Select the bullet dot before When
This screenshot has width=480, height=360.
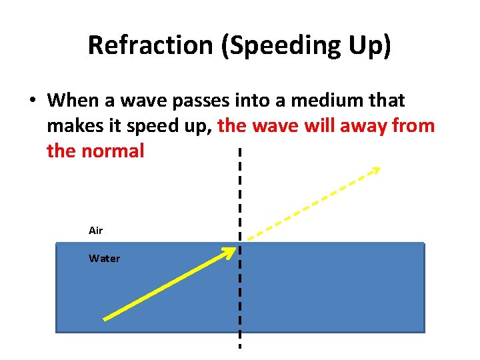(31, 101)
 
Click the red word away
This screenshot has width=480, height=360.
(361, 126)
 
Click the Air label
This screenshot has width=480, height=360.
(96, 231)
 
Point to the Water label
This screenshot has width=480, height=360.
(105, 259)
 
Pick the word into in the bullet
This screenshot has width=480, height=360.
(252, 101)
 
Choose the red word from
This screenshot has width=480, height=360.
(411, 126)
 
